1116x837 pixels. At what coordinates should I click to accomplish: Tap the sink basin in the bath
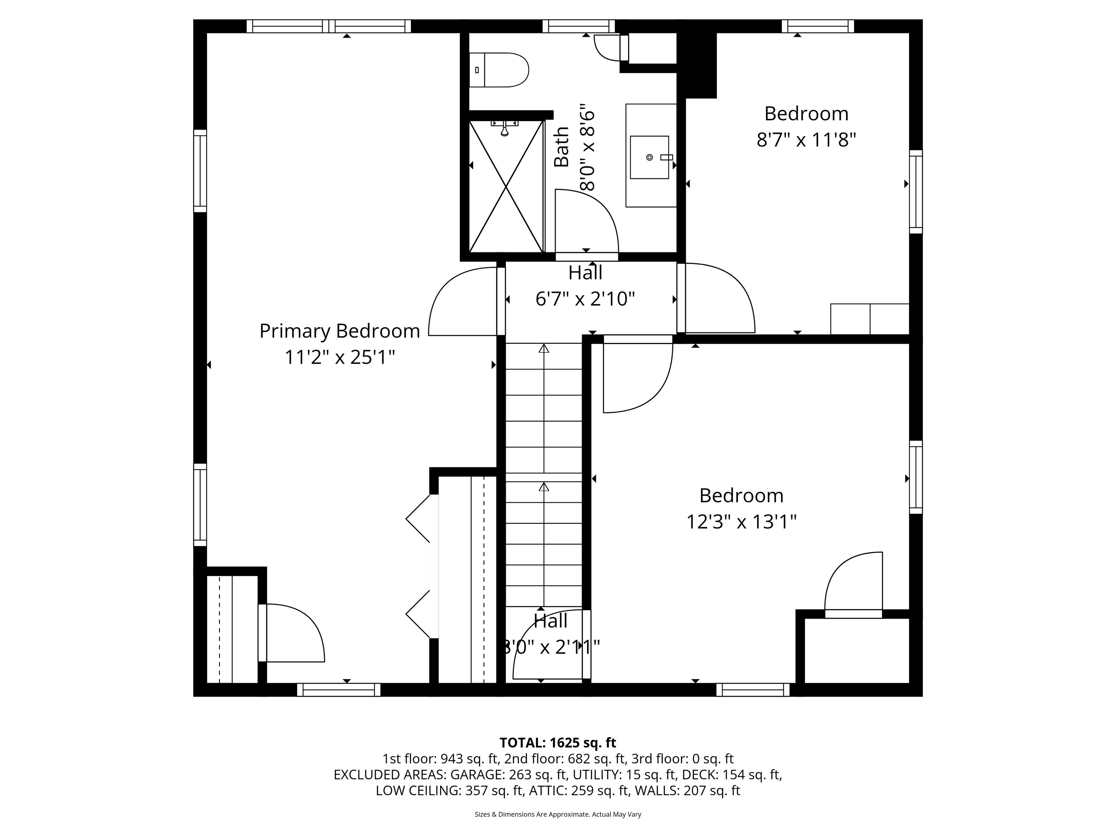coord(649,157)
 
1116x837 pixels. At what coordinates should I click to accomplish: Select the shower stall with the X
coord(506,186)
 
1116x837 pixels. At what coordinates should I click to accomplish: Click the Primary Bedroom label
coord(340,331)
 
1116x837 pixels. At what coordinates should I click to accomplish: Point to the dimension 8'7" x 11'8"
coord(806,140)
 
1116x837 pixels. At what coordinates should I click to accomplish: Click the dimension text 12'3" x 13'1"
coord(741,522)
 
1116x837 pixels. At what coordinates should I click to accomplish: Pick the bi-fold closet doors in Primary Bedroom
coord(419,567)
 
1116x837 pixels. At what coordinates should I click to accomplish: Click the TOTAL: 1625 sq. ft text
coord(558,743)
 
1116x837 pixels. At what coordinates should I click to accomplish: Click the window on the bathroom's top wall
coord(579,26)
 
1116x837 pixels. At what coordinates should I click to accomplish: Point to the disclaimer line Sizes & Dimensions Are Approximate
coord(558,814)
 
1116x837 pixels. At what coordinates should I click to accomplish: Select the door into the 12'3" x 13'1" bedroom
coord(638,376)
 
